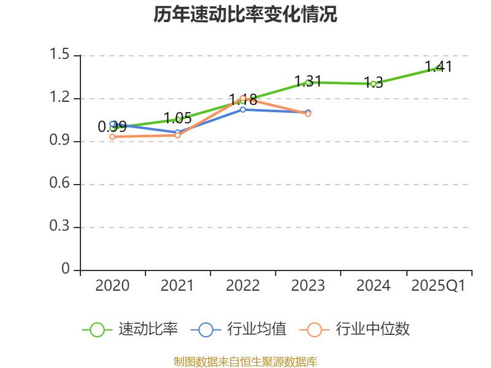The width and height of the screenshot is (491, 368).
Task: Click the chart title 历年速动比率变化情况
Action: tap(245, 14)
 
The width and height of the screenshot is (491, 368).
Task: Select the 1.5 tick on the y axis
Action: tap(60, 54)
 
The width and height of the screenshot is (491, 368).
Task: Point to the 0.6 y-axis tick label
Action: tap(60, 183)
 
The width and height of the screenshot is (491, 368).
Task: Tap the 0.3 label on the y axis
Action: tap(60, 226)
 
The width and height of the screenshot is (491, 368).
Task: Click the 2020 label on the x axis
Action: tap(112, 285)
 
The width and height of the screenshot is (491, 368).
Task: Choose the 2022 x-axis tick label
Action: tap(243, 285)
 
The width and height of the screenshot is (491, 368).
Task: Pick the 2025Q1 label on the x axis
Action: tap(438, 285)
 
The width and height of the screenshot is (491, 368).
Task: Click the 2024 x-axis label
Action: tap(373, 285)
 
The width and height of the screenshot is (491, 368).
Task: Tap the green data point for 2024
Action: tap(373, 84)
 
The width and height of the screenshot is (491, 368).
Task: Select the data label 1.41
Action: tap(438, 67)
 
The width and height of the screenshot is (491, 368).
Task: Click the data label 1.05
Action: tap(178, 118)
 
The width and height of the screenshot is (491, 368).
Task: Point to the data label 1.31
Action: tap(308, 82)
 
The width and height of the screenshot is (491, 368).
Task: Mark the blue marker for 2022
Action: tap(243, 110)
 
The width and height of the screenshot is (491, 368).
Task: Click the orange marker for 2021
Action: tap(177, 136)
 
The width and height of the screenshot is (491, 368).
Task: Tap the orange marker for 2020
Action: tap(112, 137)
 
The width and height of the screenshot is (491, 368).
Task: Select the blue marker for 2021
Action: tap(177, 132)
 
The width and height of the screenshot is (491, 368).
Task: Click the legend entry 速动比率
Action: tap(130, 329)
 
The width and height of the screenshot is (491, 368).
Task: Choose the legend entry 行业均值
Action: tap(238, 329)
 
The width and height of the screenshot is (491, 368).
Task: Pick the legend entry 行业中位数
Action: tap(355, 329)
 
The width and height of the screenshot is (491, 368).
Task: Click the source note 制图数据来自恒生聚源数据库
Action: tap(245, 362)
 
